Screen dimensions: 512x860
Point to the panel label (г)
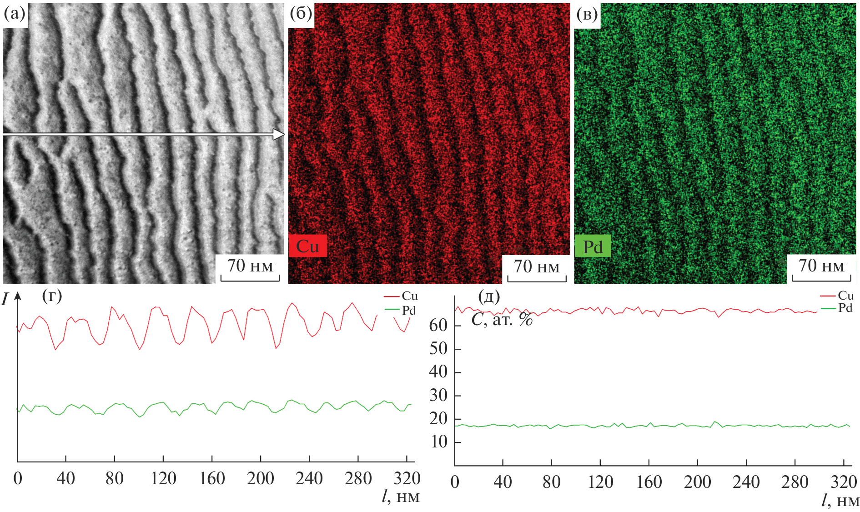pos(52,296)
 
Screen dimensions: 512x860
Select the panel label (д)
pos(489,297)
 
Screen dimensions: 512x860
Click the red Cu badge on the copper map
pos(307,246)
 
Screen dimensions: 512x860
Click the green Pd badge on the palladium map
pos(593,247)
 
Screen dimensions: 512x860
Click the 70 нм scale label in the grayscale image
pos(250,266)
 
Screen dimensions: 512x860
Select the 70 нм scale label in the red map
pos(537,266)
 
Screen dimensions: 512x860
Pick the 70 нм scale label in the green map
pos(821,266)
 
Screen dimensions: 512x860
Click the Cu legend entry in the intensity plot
pos(409,296)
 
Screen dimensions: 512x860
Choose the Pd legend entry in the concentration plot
pos(845,308)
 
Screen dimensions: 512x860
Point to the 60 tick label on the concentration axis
pos(438,325)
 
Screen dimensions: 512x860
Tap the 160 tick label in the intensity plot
pos(212,478)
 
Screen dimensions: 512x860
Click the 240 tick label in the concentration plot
pos(746,482)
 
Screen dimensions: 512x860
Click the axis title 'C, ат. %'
pos(502,320)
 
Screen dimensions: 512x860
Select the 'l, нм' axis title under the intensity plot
pos(400,496)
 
